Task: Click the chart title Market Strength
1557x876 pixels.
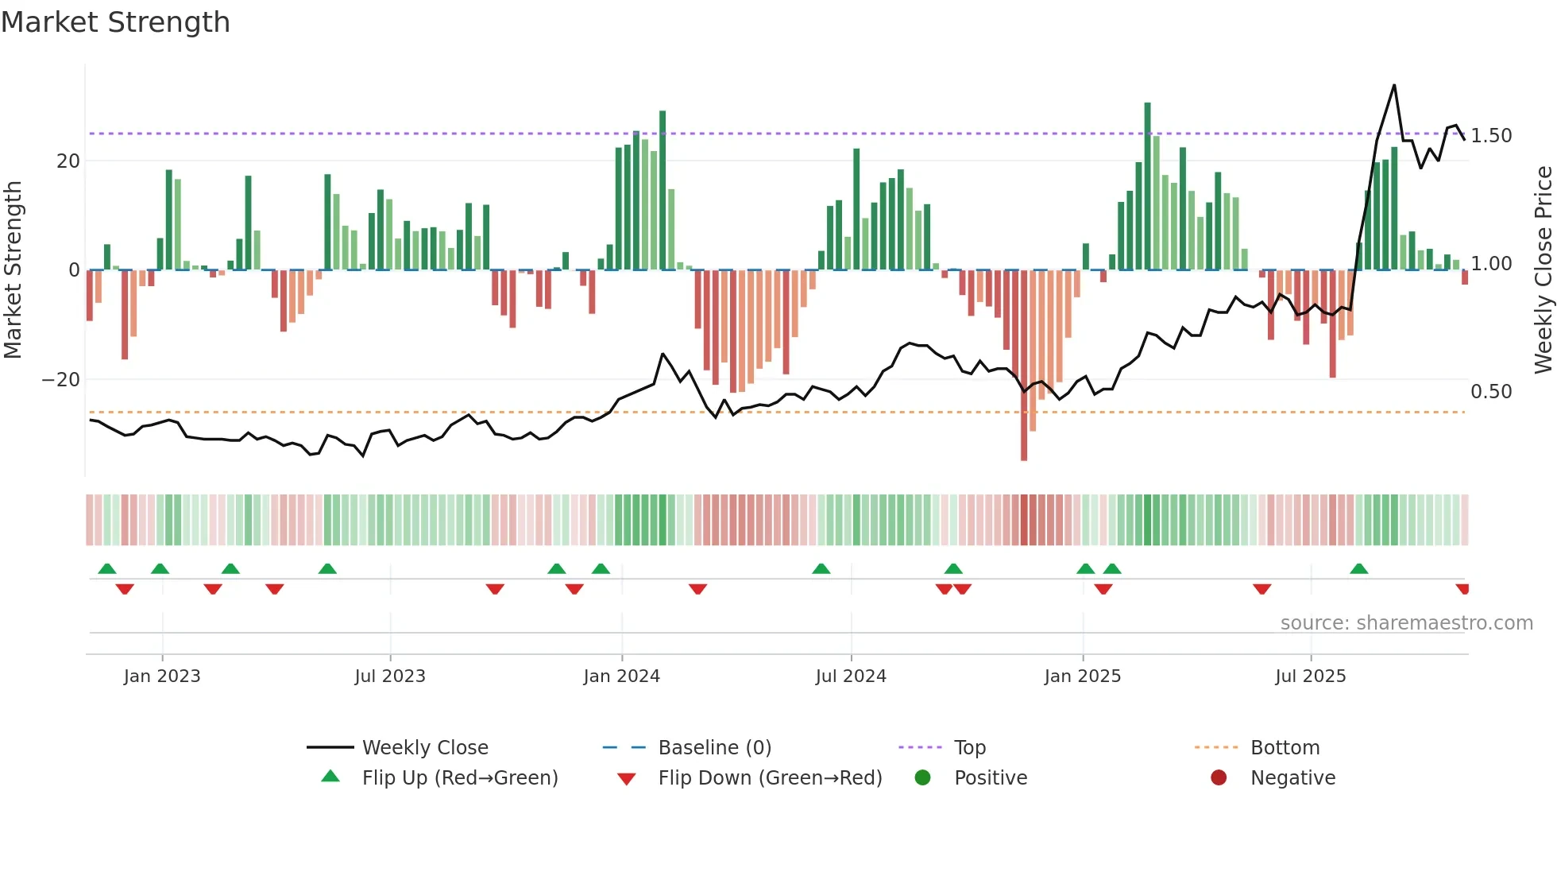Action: pos(115,22)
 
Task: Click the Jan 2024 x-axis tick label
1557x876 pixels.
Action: pos(621,676)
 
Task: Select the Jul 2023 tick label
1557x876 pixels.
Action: pos(390,676)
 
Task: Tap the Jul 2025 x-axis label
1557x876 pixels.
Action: pos(1311,676)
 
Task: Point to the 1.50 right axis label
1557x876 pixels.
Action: pos(1491,136)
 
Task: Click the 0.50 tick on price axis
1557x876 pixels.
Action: pos(1491,392)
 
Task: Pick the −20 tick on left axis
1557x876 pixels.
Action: pos(61,380)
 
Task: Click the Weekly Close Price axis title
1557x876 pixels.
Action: pos(1543,270)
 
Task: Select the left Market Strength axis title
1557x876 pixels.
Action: pos(14,270)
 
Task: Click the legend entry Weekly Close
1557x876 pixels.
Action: pos(425,748)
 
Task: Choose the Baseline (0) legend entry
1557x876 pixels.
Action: pos(714,748)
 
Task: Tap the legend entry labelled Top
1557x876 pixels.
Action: pos(969,748)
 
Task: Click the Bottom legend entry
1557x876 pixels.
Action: pos(1285,748)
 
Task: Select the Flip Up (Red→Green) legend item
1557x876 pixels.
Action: pos(459,778)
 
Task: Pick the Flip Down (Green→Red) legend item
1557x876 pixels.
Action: pos(769,778)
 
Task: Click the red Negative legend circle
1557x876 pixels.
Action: pos(1219,778)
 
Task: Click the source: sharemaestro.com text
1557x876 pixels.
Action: pos(1406,623)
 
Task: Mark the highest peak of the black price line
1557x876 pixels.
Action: pos(1394,85)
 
